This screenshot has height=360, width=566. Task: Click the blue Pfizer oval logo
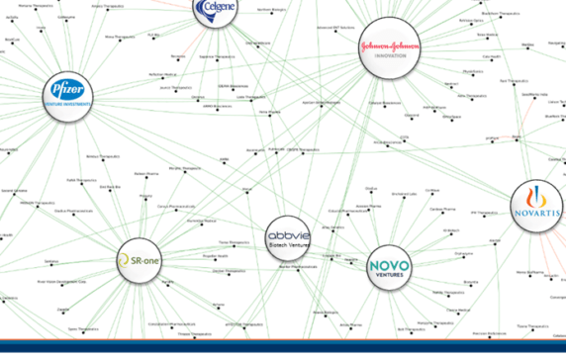click(x=71, y=92)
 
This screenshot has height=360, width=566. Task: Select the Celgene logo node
click(x=220, y=10)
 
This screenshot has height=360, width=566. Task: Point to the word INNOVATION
click(x=390, y=57)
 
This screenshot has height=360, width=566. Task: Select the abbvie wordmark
click(x=289, y=236)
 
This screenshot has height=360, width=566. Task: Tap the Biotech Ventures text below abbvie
click(x=289, y=247)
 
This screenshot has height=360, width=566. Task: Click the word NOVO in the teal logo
click(x=389, y=265)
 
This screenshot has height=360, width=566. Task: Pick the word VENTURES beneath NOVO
click(x=389, y=276)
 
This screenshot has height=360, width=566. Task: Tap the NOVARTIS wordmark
click(x=537, y=212)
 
